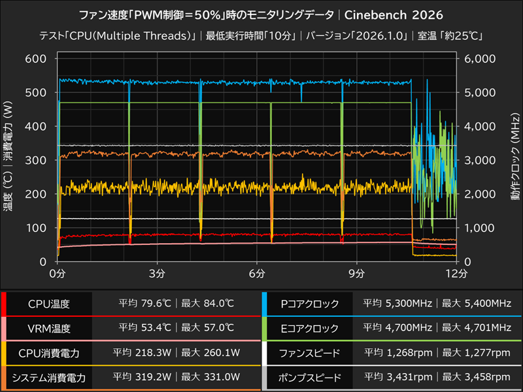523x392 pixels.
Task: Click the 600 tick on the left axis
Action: click(35, 59)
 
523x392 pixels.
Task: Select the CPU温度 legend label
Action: click(49, 304)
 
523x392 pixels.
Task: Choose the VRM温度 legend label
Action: click(49, 328)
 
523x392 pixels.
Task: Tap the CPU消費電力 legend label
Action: click(49, 353)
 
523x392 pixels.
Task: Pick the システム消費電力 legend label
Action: click(49, 377)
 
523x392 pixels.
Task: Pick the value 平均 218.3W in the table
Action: click(143, 353)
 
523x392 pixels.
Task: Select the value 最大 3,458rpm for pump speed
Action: click(476, 377)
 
